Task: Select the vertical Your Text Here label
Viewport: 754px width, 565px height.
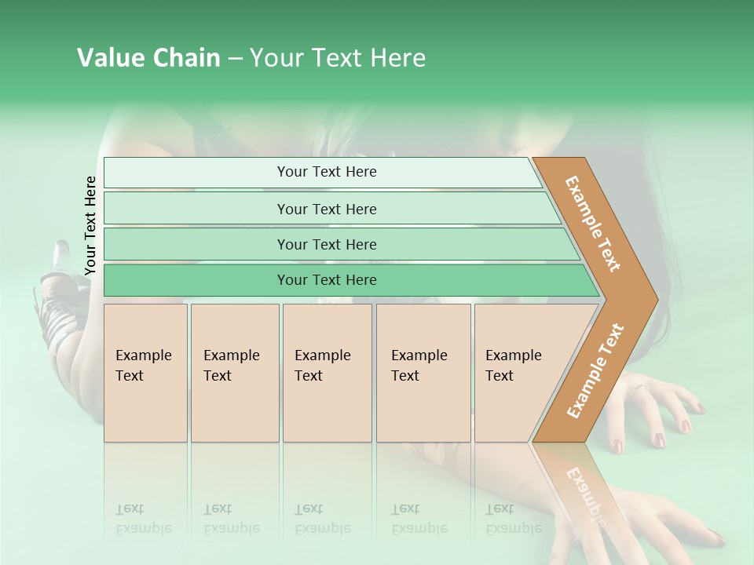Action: click(90, 225)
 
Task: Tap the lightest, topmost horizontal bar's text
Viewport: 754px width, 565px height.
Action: click(327, 172)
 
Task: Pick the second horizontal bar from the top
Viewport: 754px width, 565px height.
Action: click(327, 209)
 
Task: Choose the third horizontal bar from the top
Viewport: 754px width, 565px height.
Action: click(327, 244)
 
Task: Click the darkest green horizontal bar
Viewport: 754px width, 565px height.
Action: click(327, 280)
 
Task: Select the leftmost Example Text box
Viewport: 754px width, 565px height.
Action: click(145, 373)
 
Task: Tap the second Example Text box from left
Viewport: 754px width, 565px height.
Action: click(234, 373)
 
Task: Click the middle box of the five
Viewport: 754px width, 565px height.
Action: click(327, 373)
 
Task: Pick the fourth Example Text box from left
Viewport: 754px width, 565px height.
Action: click(423, 373)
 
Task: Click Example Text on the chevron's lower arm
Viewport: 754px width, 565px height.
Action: click(595, 371)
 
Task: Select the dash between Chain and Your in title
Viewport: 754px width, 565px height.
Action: click(235, 58)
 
